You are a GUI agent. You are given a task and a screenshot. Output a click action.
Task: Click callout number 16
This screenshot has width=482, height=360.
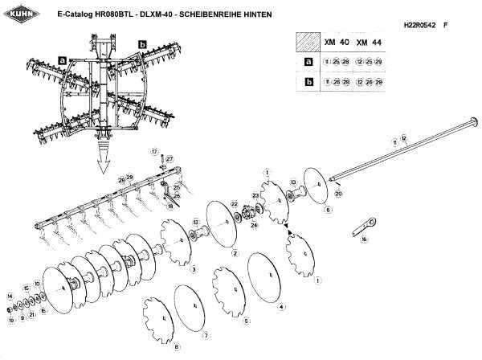pos(364,239)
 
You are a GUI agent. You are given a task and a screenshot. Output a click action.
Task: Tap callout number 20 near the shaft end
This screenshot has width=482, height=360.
pos(339,194)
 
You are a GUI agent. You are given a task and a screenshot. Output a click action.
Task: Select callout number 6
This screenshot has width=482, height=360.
pos(328,210)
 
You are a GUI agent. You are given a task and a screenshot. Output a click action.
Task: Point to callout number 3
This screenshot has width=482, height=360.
pos(194,268)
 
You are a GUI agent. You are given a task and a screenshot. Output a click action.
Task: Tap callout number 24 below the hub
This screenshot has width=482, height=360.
pos(254,225)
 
